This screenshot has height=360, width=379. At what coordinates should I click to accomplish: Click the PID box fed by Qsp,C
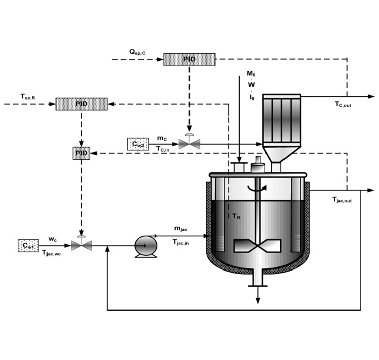point(189,59)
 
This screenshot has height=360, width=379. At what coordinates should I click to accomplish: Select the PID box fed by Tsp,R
point(81,104)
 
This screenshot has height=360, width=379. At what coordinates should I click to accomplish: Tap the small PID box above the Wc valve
point(81,153)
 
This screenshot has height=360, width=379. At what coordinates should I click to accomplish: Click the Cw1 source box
point(28,246)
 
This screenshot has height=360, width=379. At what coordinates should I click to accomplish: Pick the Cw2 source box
point(138,144)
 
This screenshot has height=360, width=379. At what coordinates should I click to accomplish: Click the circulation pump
point(146,247)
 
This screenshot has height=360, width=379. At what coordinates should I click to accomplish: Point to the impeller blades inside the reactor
point(258,246)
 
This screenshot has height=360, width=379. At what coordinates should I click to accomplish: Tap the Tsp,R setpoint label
point(28,97)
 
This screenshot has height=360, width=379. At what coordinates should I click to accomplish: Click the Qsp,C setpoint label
point(137,52)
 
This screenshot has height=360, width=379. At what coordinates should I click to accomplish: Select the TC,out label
point(343,105)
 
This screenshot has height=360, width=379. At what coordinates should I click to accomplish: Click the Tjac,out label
point(342,200)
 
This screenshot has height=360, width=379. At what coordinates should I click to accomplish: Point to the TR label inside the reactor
point(236,216)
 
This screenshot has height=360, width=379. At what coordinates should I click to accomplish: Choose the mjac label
point(181,229)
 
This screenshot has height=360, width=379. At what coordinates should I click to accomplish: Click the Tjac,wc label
point(52,253)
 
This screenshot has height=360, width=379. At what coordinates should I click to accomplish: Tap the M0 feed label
point(251,73)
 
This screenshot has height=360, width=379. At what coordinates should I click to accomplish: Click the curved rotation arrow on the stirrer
point(257,188)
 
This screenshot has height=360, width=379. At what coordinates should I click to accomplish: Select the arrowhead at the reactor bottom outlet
point(258,301)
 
